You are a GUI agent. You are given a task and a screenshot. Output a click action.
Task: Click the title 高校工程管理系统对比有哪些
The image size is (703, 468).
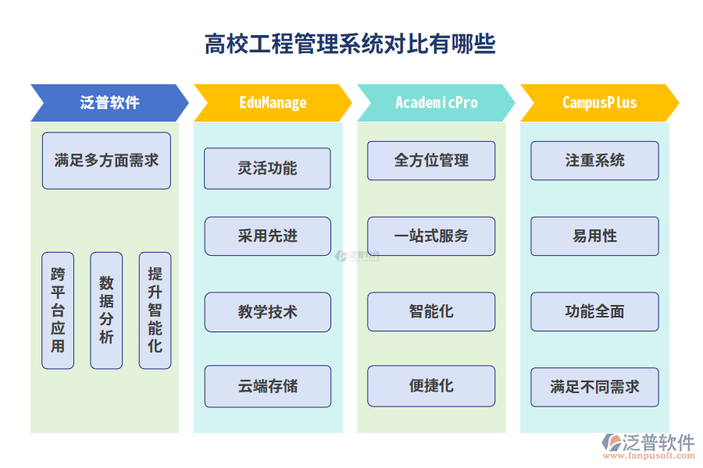(x=350, y=44)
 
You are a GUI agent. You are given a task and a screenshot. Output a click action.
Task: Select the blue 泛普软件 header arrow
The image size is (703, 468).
(x=109, y=103)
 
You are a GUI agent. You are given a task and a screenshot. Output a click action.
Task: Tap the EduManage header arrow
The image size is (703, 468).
(x=273, y=103)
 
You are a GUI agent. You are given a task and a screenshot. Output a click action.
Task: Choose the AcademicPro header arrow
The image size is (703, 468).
(x=436, y=103)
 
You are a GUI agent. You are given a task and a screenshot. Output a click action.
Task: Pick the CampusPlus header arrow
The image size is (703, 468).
(x=599, y=103)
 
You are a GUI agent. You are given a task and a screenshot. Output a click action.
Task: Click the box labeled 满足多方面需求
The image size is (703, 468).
(x=106, y=161)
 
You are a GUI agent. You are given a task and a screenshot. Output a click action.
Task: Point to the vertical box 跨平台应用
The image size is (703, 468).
(x=58, y=310)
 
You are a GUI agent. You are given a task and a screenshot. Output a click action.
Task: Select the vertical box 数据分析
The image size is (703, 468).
(x=106, y=310)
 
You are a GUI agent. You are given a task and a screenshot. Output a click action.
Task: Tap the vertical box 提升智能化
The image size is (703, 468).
(x=155, y=310)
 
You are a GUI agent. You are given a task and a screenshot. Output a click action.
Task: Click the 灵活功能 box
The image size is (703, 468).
(x=267, y=168)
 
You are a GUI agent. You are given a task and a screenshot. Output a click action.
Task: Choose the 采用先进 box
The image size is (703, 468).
(x=267, y=236)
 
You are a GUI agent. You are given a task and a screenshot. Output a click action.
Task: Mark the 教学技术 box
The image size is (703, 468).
(x=267, y=312)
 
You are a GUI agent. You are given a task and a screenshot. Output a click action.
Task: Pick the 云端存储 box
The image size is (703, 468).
(x=267, y=386)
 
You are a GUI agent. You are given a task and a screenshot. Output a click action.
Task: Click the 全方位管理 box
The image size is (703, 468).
(x=431, y=161)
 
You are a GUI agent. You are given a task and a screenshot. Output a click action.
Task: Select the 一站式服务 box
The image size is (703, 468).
(x=431, y=236)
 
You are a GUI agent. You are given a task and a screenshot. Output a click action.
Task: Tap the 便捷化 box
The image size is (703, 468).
(x=431, y=386)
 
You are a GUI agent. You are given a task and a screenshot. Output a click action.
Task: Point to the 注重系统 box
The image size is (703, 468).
(x=594, y=161)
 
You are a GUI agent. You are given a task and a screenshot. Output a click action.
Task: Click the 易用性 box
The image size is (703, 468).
(x=594, y=236)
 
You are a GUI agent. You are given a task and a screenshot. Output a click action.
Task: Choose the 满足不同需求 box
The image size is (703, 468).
(x=594, y=387)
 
